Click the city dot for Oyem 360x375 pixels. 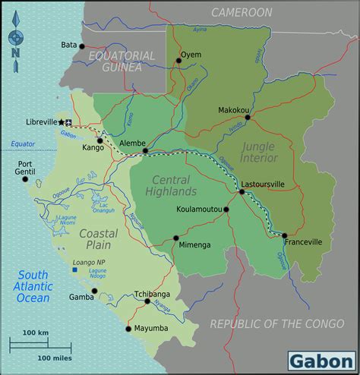[x=179, y=61]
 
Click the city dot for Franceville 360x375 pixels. [x=285, y=235]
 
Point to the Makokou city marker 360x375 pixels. [x=248, y=117]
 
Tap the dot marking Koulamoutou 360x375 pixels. [x=226, y=209]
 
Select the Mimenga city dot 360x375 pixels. [x=176, y=238]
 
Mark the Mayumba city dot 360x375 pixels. [x=128, y=329]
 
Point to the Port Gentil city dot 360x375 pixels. [x=25, y=179]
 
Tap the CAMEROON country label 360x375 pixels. [x=242, y=12]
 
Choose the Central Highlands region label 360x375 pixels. [x=175, y=186]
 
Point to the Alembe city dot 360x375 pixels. [x=145, y=150]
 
